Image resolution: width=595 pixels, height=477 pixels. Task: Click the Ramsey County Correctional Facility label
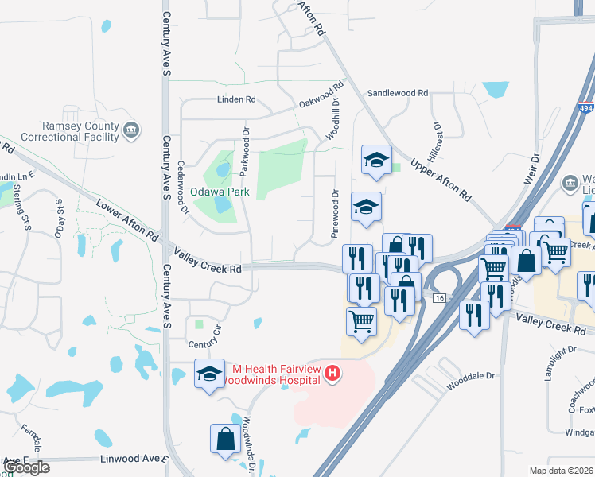80,132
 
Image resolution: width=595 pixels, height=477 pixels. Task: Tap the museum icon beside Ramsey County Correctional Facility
132,129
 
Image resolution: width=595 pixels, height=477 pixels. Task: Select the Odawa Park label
220,192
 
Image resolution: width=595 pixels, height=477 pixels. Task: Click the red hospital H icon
334,372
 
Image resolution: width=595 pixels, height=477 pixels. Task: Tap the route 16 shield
438,297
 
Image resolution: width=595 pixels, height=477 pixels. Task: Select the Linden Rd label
236,99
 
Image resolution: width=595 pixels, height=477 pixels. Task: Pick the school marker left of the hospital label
209,374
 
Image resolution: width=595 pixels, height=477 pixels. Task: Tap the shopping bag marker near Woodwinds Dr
225,438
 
